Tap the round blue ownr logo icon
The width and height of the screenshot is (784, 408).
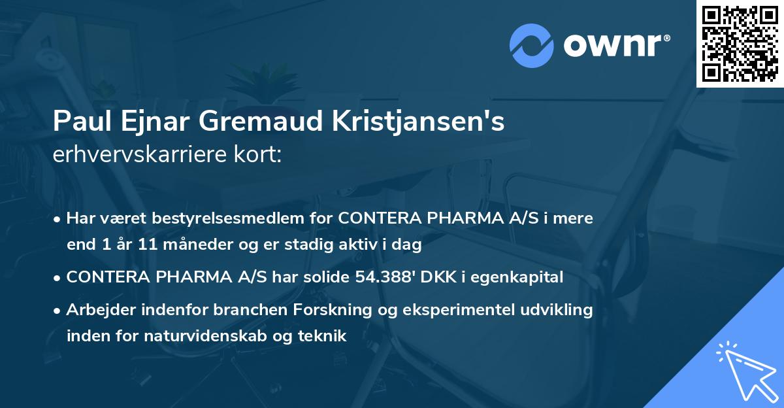tap(531, 46)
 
